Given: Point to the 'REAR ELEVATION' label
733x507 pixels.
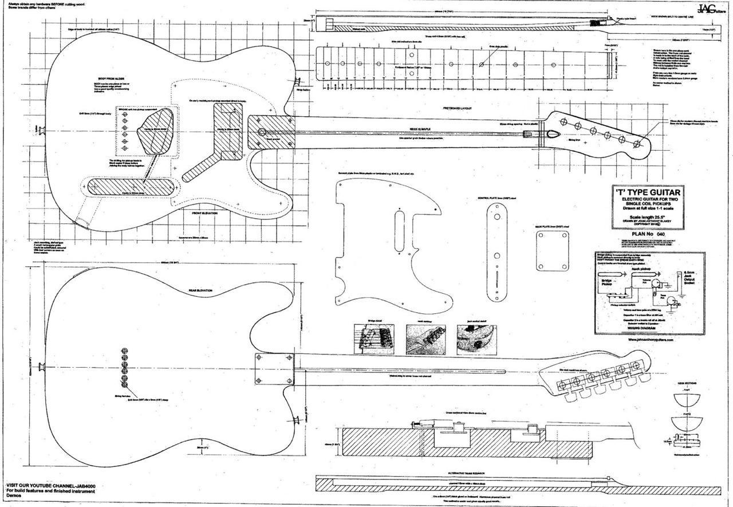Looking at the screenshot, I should pos(200,291).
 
